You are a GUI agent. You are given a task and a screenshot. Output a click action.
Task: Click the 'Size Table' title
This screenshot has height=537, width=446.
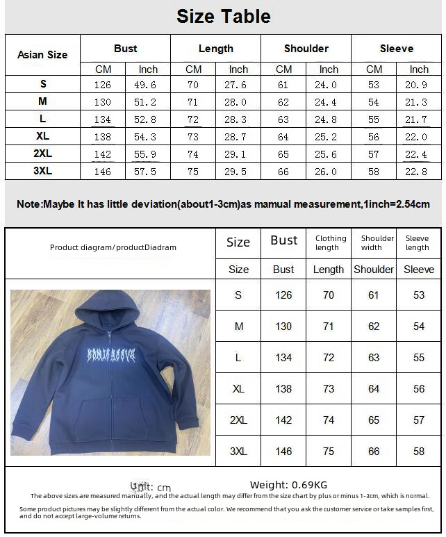(x=223, y=16)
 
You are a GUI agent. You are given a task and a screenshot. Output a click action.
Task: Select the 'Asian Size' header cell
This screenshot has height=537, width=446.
(x=42, y=54)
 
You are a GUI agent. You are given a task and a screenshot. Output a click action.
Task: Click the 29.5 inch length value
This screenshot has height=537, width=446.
(x=238, y=172)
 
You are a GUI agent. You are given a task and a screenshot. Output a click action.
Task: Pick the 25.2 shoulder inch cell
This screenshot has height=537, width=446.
(x=329, y=137)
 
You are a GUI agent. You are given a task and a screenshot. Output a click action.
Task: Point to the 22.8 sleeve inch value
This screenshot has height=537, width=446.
(x=419, y=172)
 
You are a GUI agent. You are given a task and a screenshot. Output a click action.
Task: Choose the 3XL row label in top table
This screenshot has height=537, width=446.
(x=42, y=172)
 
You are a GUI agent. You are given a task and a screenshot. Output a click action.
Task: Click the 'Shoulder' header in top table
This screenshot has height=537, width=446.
(x=306, y=49)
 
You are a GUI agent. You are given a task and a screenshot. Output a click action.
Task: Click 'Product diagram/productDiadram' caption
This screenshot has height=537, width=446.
(x=113, y=247)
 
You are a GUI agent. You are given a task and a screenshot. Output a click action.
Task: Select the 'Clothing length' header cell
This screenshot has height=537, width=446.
(x=330, y=242)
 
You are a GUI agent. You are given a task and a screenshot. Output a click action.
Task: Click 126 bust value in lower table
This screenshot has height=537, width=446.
(x=283, y=295)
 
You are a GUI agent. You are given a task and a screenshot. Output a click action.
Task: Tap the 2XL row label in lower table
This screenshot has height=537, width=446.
(x=238, y=420)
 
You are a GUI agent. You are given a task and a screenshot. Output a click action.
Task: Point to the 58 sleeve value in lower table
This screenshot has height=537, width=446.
(x=418, y=452)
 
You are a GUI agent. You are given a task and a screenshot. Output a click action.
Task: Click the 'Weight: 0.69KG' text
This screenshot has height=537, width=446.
(x=288, y=485)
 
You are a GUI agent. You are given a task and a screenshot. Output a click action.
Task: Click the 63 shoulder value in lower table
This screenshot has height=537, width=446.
(x=374, y=358)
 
